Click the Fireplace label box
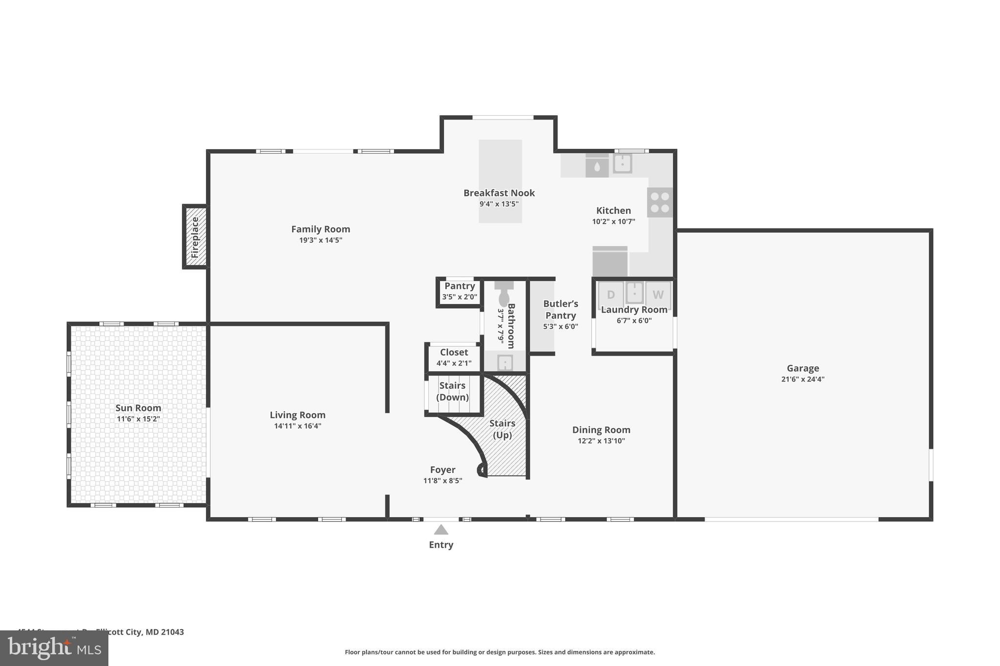point(195,237)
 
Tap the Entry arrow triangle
point(441,530)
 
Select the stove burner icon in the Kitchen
point(660,202)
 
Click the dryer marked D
point(611,295)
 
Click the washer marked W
point(658,295)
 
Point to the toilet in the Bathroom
point(504,295)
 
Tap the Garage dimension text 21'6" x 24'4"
point(802,379)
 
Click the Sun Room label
point(138,408)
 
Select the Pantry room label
point(459,286)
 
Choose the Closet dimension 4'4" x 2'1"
point(454,363)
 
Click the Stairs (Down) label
point(452,391)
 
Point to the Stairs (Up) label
point(502,429)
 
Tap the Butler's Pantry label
point(561,309)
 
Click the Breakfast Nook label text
point(499,193)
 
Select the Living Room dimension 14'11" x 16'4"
point(297,426)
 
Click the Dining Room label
point(601,430)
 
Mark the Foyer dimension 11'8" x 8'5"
point(442,481)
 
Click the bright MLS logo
point(54,648)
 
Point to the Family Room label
point(320,229)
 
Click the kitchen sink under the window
point(622,163)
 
